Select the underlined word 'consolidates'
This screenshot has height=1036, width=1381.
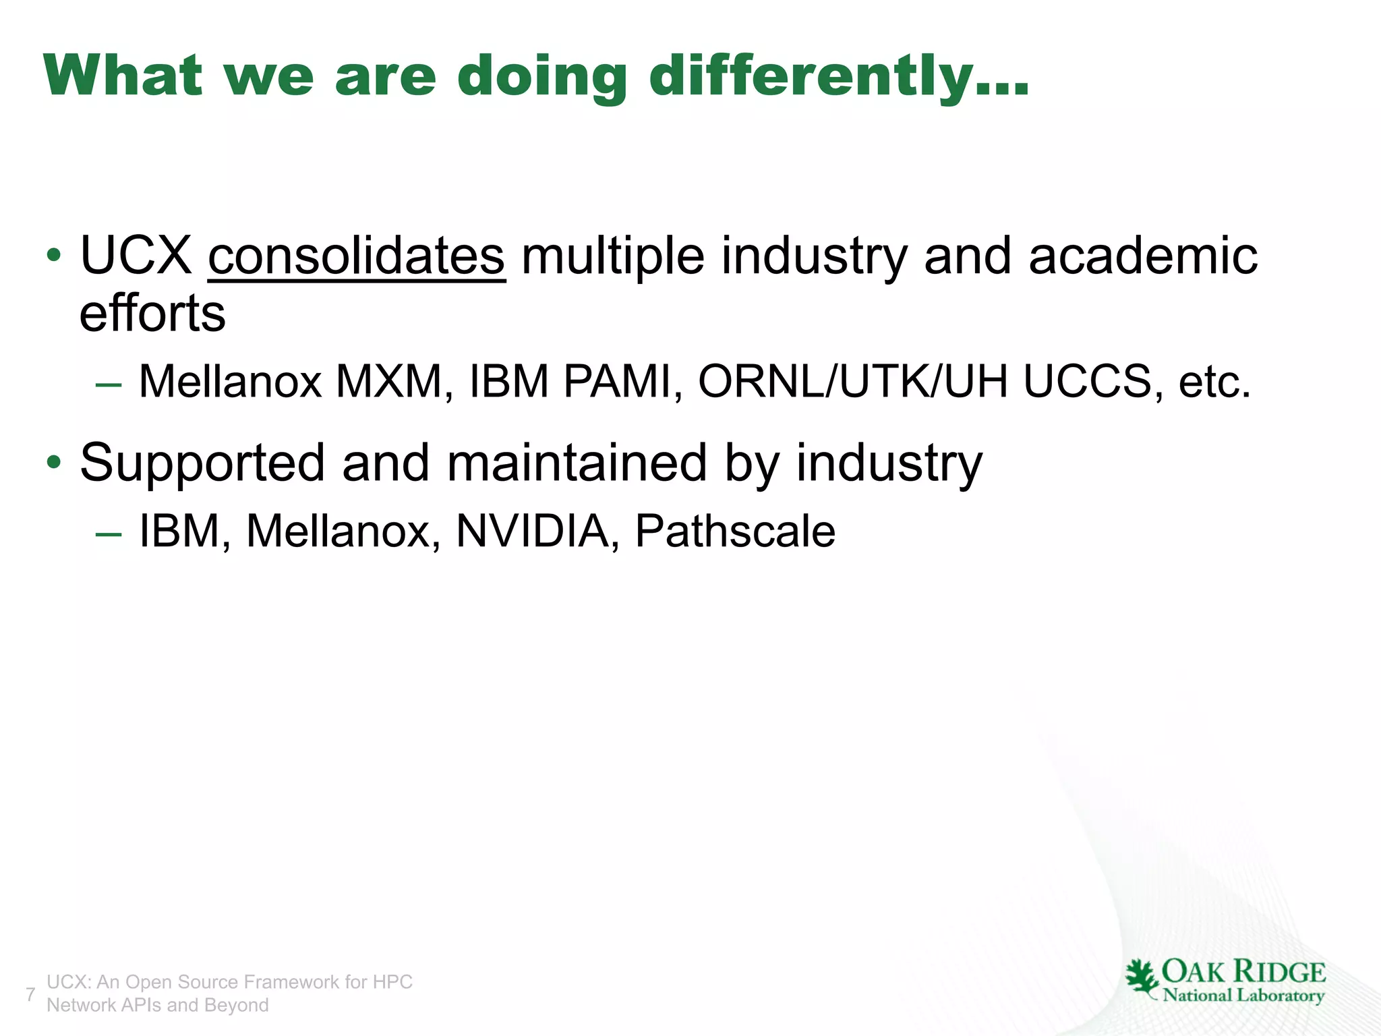pyautogui.click(x=357, y=256)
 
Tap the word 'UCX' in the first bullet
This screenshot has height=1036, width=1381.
pyautogui.click(x=136, y=256)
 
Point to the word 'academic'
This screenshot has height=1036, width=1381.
pyautogui.click(x=1143, y=256)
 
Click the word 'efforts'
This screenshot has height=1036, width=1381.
pyautogui.click(x=152, y=314)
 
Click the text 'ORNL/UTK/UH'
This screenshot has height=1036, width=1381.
pyautogui.click(x=853, y=382)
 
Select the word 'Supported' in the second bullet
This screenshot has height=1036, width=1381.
pyautogui.click(x=202, y=464)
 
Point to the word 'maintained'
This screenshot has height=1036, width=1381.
pyautogui.click(x=577, y=463)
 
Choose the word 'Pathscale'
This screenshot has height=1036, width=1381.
pyautogui.click(x=735, y=531)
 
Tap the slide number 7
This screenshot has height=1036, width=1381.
pyautogui.click(x=30, y=994)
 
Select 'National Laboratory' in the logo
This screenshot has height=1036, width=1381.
pyautogui.click(x=1243, y=996)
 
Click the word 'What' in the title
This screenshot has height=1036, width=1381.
pyautogui.click(x=123, y=76)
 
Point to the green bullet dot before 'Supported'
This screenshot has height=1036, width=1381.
pyautogui.click(x=53, y=463)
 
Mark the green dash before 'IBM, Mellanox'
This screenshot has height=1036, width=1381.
pyautogui.click(x=109, y=534)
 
